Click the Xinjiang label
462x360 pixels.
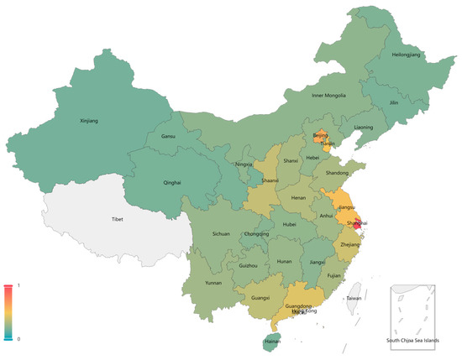tap(88, 121)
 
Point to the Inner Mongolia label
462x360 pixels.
tap(329, 95)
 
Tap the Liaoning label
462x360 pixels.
tap(364, 128)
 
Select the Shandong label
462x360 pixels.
tap(338, 172)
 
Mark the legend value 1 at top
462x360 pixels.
tap(18, 285)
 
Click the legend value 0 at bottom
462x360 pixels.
tap(18, 339)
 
